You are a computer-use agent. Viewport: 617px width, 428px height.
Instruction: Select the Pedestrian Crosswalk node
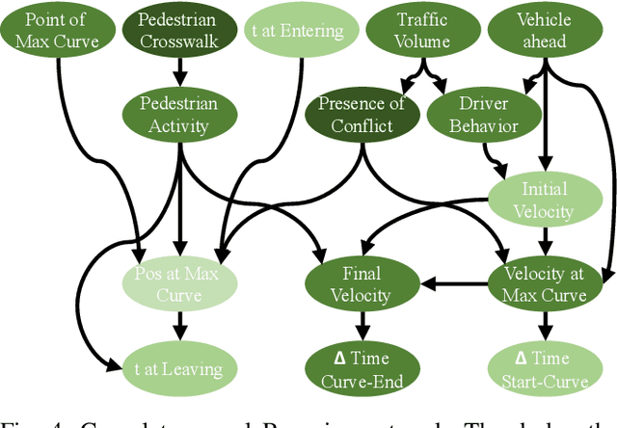click(176, 30)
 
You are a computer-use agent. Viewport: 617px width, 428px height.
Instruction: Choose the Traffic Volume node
click(423, 30)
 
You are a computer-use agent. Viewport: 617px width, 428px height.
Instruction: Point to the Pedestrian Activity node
click(178, 114)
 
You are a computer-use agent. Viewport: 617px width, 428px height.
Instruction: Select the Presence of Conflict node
click(362, 115)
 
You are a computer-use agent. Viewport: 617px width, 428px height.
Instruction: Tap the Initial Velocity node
click(545, 200)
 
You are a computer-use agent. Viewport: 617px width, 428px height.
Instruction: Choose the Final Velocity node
click(362, 283)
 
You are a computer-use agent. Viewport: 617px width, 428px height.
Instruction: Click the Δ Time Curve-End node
click(362, 367)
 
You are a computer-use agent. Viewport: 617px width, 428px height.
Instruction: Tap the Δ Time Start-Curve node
click(545, 367)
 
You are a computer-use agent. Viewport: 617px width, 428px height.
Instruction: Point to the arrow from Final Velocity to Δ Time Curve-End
click(362, 325)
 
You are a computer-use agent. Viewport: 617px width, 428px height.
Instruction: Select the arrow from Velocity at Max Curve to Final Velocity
click(453, 284)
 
